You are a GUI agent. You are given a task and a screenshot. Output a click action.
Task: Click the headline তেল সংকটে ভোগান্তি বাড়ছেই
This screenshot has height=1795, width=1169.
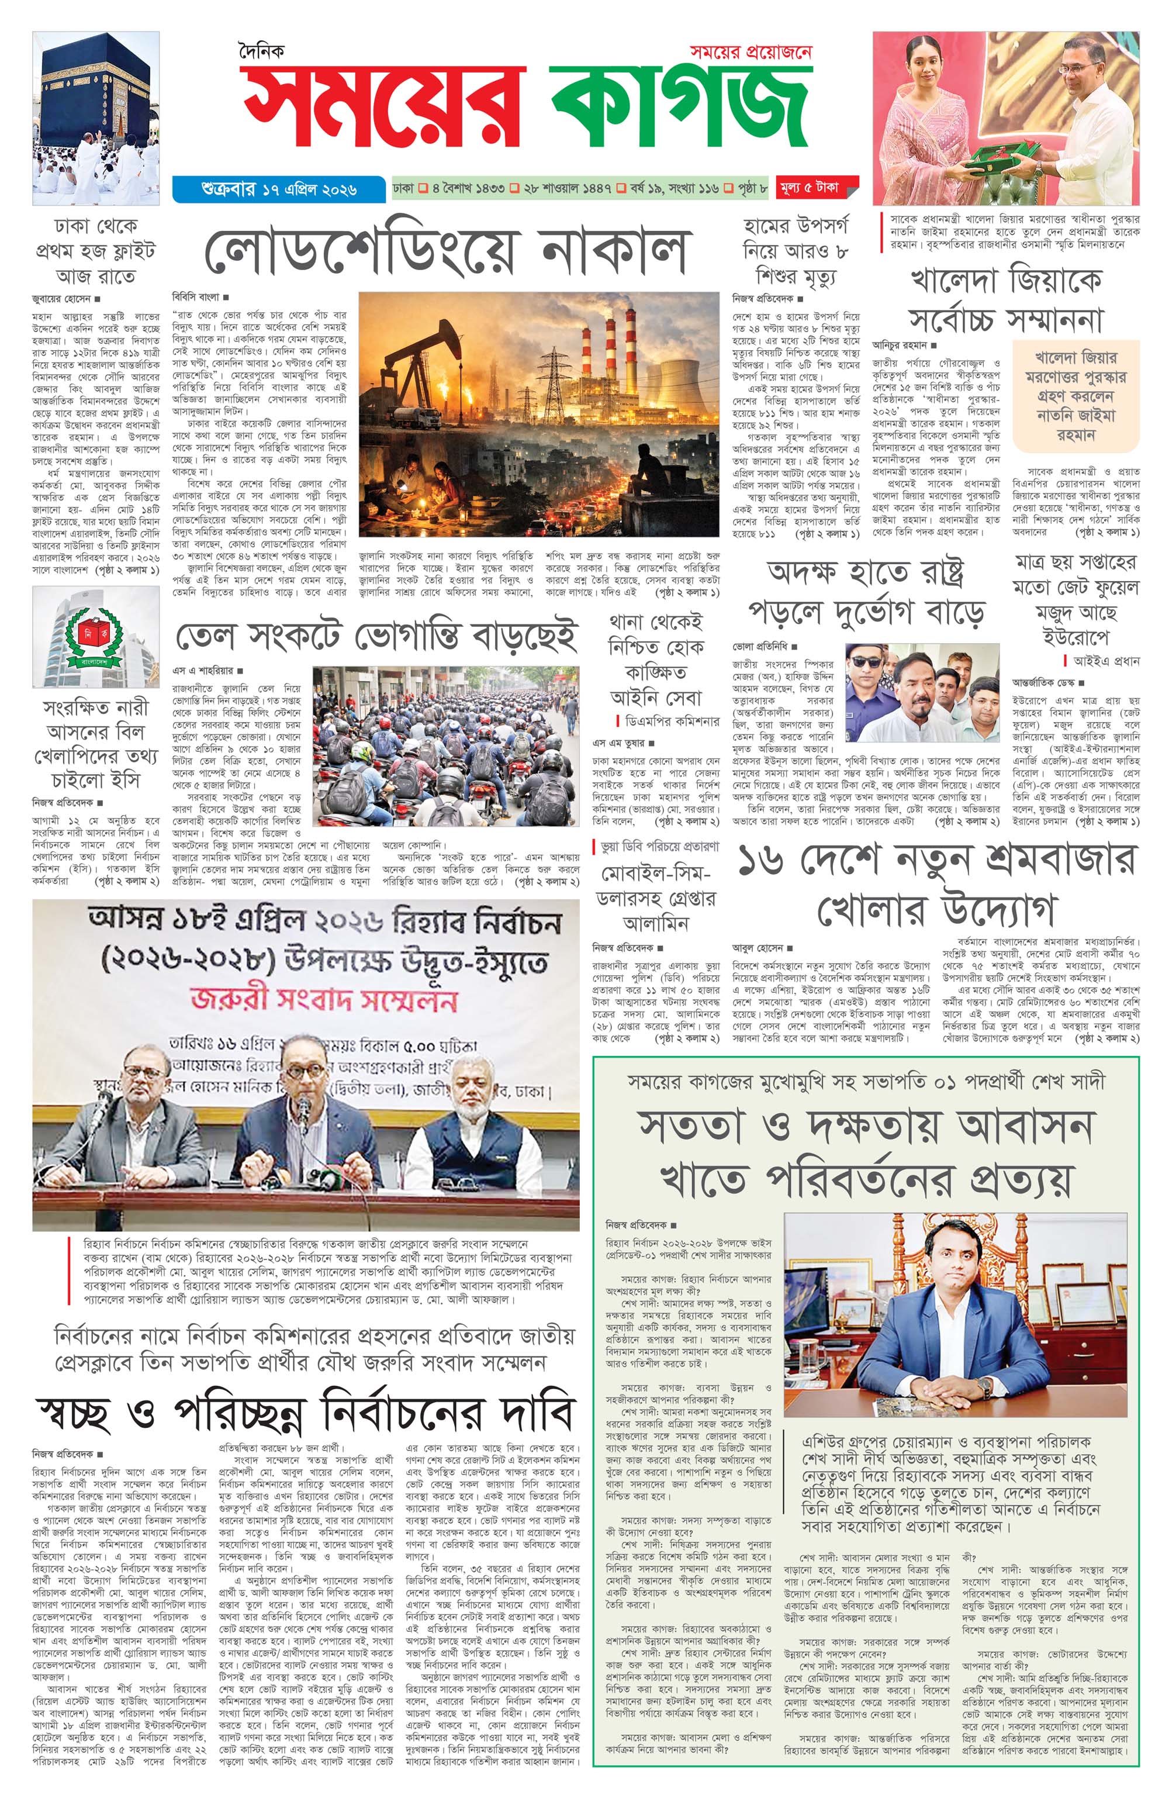[x=377, y=637]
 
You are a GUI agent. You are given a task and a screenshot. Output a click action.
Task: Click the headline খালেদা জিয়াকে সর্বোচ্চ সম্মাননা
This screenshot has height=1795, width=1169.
[x=1005, y=300]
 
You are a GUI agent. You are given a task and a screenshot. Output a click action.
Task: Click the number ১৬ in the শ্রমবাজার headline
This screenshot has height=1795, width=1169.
[x=763, y=861]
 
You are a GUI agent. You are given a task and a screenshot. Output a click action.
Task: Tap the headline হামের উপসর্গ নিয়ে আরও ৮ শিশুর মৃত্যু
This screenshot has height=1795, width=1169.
[x=795, y=251]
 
